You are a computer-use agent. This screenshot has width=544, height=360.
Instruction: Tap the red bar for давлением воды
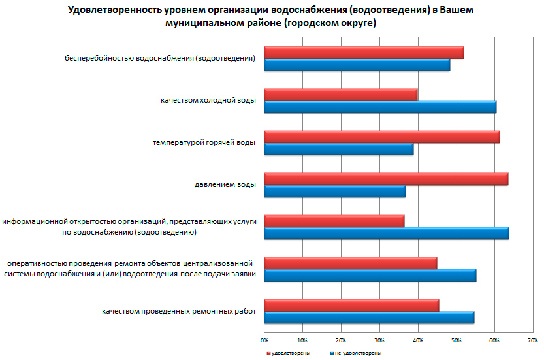tap(386, 179)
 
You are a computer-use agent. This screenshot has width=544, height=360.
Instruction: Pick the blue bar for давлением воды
tap(335, 191)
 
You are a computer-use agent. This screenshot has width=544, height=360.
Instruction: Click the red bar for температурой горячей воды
tap(382, 137)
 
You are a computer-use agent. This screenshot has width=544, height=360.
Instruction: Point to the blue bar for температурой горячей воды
tap(339, 150)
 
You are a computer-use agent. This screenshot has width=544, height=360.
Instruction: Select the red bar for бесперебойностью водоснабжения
tap(364, 52)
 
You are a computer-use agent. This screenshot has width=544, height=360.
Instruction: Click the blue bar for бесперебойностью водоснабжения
tap(357, 65)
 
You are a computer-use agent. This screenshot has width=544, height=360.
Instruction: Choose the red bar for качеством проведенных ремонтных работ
tap(351, 305)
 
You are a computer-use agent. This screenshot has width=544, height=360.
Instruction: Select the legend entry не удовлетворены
tap(355, 353)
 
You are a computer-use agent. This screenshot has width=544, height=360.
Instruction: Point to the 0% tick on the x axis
tap(264, 340)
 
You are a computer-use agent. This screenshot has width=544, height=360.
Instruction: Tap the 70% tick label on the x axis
tap(532, 340)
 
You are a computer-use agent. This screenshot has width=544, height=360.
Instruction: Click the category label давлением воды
tap(225, 185)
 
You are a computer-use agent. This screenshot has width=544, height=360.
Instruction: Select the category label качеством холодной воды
tap(208, 101)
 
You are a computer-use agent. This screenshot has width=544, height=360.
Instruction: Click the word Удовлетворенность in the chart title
tap(107, 11)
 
